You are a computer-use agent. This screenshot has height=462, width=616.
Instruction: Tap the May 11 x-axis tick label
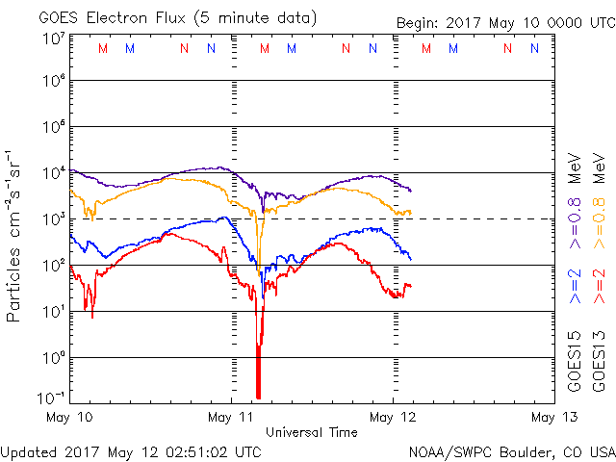click(232, 417)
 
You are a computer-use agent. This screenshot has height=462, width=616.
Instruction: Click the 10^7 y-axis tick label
click(52, 38)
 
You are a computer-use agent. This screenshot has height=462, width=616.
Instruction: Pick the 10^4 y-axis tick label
click(52, 173)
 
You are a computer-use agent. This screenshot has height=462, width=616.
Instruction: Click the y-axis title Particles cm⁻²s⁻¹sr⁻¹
click(15, 236)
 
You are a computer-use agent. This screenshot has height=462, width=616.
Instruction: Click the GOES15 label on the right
click(575, 364)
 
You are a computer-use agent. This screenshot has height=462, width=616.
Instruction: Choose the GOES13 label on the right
click(600, 364)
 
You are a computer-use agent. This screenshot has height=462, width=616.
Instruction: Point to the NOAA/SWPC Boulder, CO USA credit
click(511, 451)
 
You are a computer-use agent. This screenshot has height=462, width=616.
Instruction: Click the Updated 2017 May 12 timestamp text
click(130, 450)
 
